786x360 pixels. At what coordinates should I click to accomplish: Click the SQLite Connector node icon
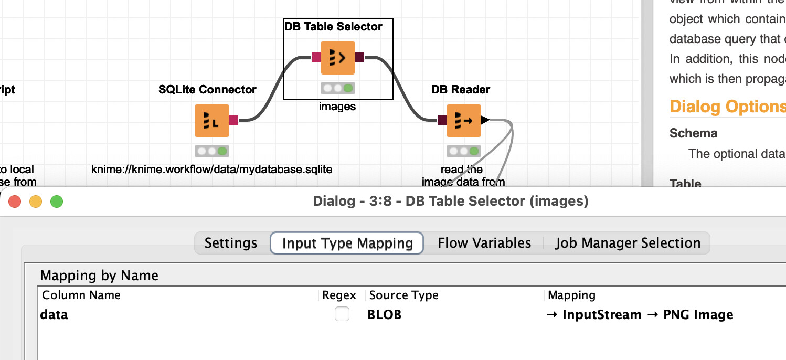(211, 121)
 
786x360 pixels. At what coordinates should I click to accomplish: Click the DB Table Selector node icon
(337, 58)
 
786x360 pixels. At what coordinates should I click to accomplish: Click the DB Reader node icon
(463, 121)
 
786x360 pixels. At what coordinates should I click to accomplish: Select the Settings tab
(231, 243)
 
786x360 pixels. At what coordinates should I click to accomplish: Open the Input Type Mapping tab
(347, 243)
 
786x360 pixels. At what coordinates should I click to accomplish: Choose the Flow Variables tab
(484, 243)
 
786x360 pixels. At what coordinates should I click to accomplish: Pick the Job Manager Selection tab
(628, 243)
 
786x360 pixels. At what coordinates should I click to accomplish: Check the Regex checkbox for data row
(342, 314)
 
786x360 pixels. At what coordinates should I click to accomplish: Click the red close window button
(15, 201)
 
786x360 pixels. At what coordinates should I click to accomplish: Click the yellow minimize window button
(36, 201)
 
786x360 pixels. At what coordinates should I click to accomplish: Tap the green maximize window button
(57, 201)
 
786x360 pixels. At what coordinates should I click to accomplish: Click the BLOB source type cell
(384, 315)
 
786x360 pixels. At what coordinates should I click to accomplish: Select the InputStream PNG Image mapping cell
(640, 315)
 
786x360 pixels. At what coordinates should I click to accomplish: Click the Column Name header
(81, 295)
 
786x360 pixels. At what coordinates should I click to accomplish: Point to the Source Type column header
(403, 295)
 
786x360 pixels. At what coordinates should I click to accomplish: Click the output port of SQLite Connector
(233, 120)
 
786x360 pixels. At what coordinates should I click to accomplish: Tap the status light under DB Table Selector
(337, 88)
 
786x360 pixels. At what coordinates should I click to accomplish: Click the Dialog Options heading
(727, 107)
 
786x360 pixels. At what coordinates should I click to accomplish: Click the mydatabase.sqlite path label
(212, 170)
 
